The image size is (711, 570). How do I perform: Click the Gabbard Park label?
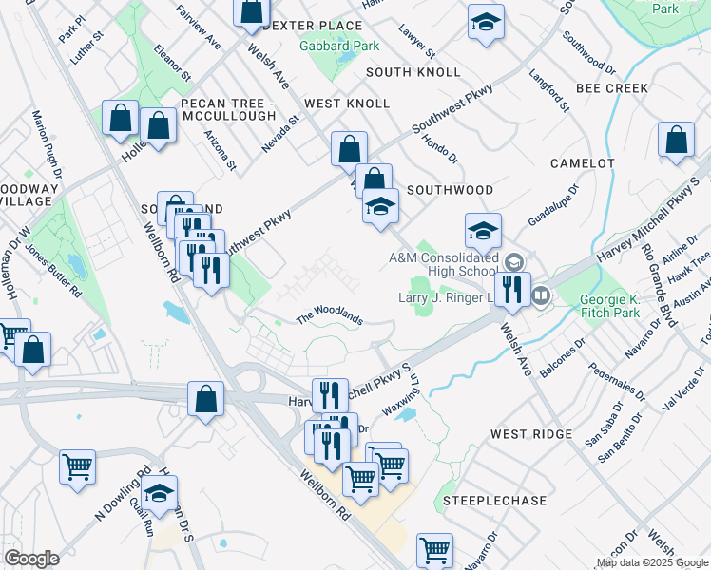(339, 46)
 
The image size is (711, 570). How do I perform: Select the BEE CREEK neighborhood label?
(612, 88)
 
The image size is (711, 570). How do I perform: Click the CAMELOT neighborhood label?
(583, 163)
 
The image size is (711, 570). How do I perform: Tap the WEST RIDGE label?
(528, 434)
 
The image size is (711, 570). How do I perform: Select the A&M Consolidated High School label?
(442, 264)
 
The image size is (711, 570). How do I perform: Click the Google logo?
(31, 558)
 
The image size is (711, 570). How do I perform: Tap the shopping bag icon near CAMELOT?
(676, 140)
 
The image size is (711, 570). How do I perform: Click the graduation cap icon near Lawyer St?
(486, 23)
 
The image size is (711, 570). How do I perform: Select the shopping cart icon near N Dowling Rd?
(77, 466)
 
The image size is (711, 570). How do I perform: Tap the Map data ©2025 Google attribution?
(651, 563)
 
